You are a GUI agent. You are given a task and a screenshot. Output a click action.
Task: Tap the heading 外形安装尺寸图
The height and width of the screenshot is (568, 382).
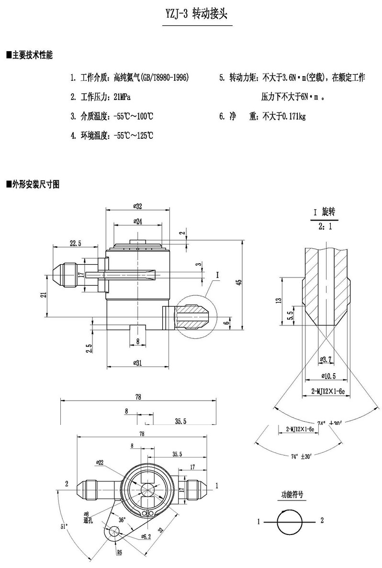34,184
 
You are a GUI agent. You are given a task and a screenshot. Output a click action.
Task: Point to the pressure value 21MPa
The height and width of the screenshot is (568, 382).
122,97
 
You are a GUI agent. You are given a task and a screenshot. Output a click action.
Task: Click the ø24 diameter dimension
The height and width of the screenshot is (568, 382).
138,222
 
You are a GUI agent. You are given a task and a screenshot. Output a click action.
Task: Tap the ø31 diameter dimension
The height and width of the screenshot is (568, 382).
138,362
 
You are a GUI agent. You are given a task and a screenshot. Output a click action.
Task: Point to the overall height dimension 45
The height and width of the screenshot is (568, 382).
239,282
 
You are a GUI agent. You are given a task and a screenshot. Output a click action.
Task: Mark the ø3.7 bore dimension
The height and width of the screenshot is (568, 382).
325,359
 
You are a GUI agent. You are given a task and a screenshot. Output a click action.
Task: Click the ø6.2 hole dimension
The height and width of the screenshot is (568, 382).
146,537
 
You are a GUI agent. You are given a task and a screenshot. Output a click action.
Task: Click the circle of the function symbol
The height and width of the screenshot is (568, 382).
290,521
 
